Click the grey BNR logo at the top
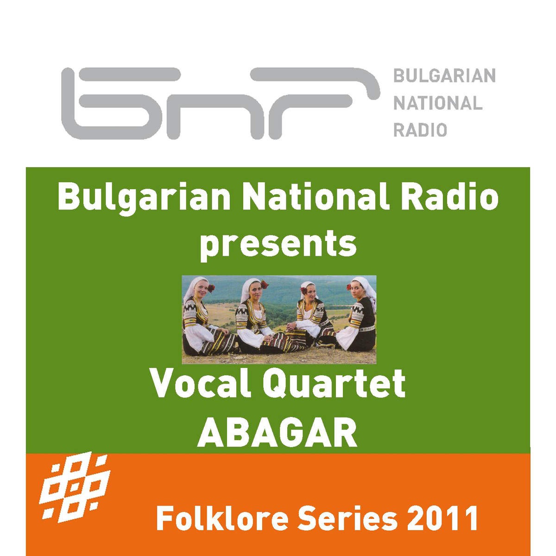pos(221,103)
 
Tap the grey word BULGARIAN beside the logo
pos(444,76)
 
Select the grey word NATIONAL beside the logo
pos(438,103)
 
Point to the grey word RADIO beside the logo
pos(420,130)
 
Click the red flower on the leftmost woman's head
pos(211,288)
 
